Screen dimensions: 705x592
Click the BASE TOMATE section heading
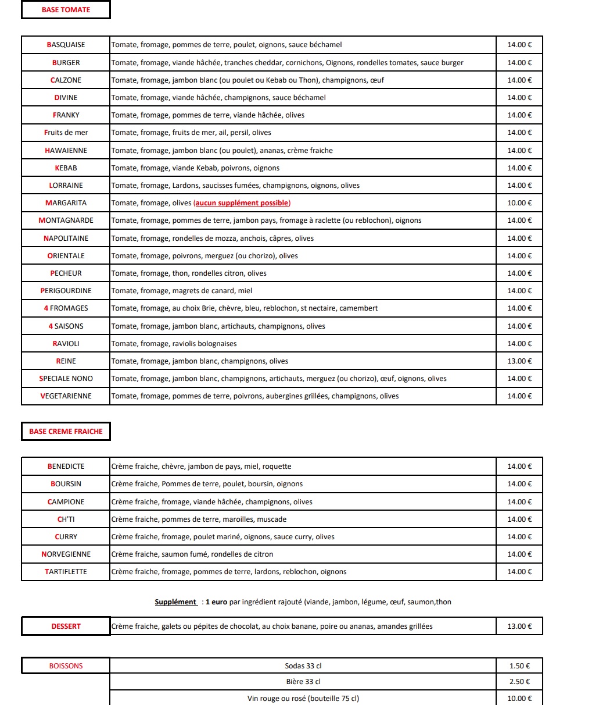click(66, 10)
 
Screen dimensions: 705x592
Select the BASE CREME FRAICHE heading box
click(66, 432)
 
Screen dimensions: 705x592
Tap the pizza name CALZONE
click(66, 80)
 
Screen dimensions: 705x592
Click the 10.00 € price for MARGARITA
click(519, 203)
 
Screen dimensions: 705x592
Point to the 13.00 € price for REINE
click(519, 361)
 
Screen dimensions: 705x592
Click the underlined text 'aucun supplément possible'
click(242, 203)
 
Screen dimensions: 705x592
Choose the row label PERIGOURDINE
click(66, 291)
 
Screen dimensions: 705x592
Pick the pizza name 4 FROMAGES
click(66, 308)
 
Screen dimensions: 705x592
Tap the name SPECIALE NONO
click(66, 379)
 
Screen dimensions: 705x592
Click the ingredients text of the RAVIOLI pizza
click(174, 344)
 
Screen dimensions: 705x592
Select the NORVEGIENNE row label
click(66, 554)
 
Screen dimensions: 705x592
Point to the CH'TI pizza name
click(66, 519)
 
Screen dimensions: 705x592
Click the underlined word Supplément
click(175, 602)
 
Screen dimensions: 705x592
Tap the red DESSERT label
click(66, 626)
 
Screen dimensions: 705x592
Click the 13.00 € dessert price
click(519, 626)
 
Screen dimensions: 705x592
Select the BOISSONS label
click(66, 666)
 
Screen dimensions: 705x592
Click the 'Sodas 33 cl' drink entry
click(303, 666)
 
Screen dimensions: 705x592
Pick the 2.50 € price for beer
click(519, 682)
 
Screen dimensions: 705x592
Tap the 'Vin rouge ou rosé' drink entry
click(303, 699)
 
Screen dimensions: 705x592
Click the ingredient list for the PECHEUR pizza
click(189, 273)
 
